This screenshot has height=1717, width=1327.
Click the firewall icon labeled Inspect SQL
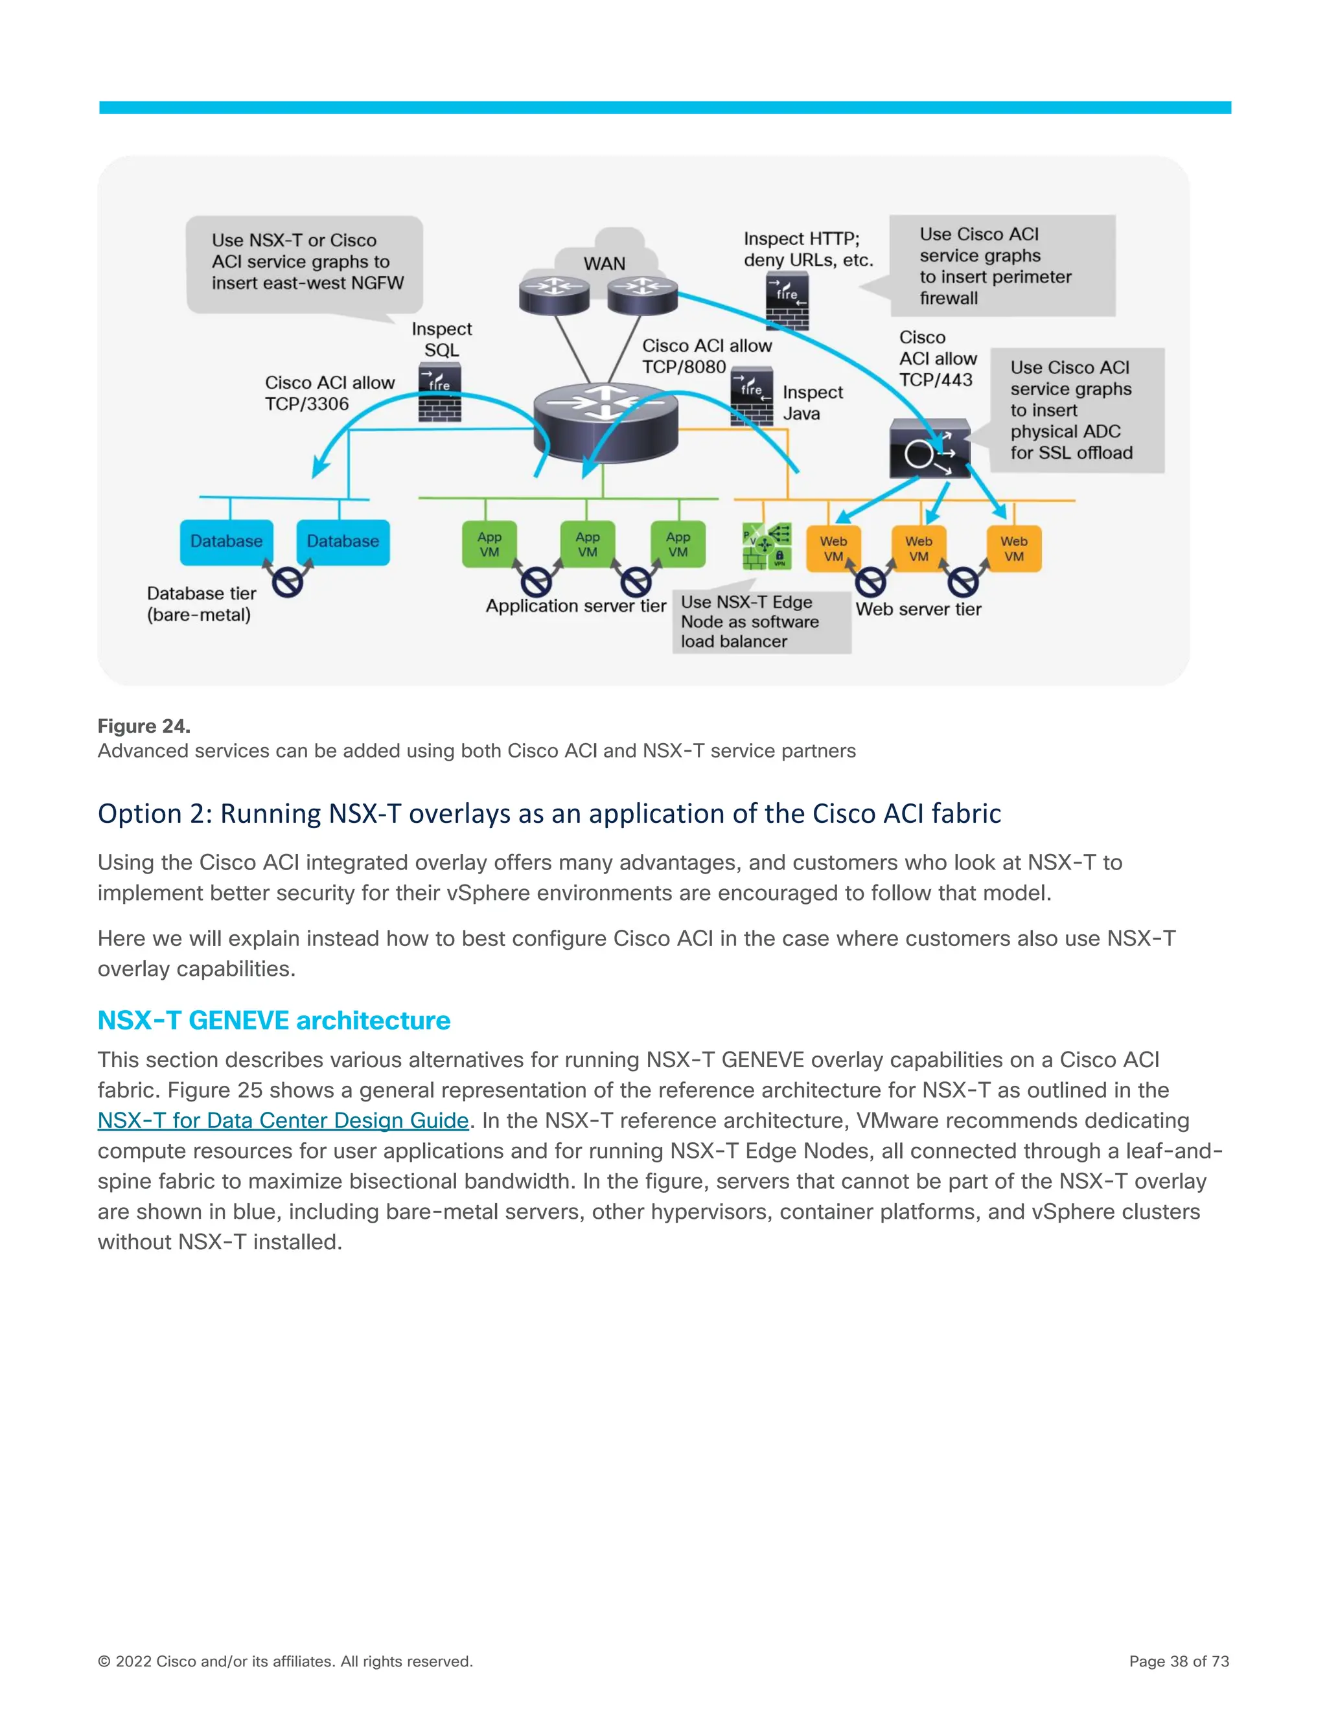tap(439, 392)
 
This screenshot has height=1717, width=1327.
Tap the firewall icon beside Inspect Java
tap(752, 397)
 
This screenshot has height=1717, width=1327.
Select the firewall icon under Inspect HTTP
tap(787, 301)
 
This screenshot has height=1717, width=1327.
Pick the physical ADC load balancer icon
tap(929, 449)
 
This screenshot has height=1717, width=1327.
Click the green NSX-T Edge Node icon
tap(767, 546)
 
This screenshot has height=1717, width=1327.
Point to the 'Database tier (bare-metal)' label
tap(202, 604)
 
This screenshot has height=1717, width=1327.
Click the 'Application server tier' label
tap(575, 605)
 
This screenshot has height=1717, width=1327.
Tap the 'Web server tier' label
tap(918, 608)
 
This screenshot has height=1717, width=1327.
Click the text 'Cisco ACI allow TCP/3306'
tap(329, 393)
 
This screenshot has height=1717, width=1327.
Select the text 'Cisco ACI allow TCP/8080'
tap(706, 356)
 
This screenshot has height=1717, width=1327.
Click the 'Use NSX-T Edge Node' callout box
tap(760, 622)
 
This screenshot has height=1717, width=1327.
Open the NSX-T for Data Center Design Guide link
tap(283, 1120)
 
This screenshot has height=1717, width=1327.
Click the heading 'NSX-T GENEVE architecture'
tap(273, 1020)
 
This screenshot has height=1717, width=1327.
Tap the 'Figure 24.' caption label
tap(144, 726)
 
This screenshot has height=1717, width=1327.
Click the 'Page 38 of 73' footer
tap(1179, 1661)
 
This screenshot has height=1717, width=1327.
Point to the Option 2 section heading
tap(549, 813)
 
